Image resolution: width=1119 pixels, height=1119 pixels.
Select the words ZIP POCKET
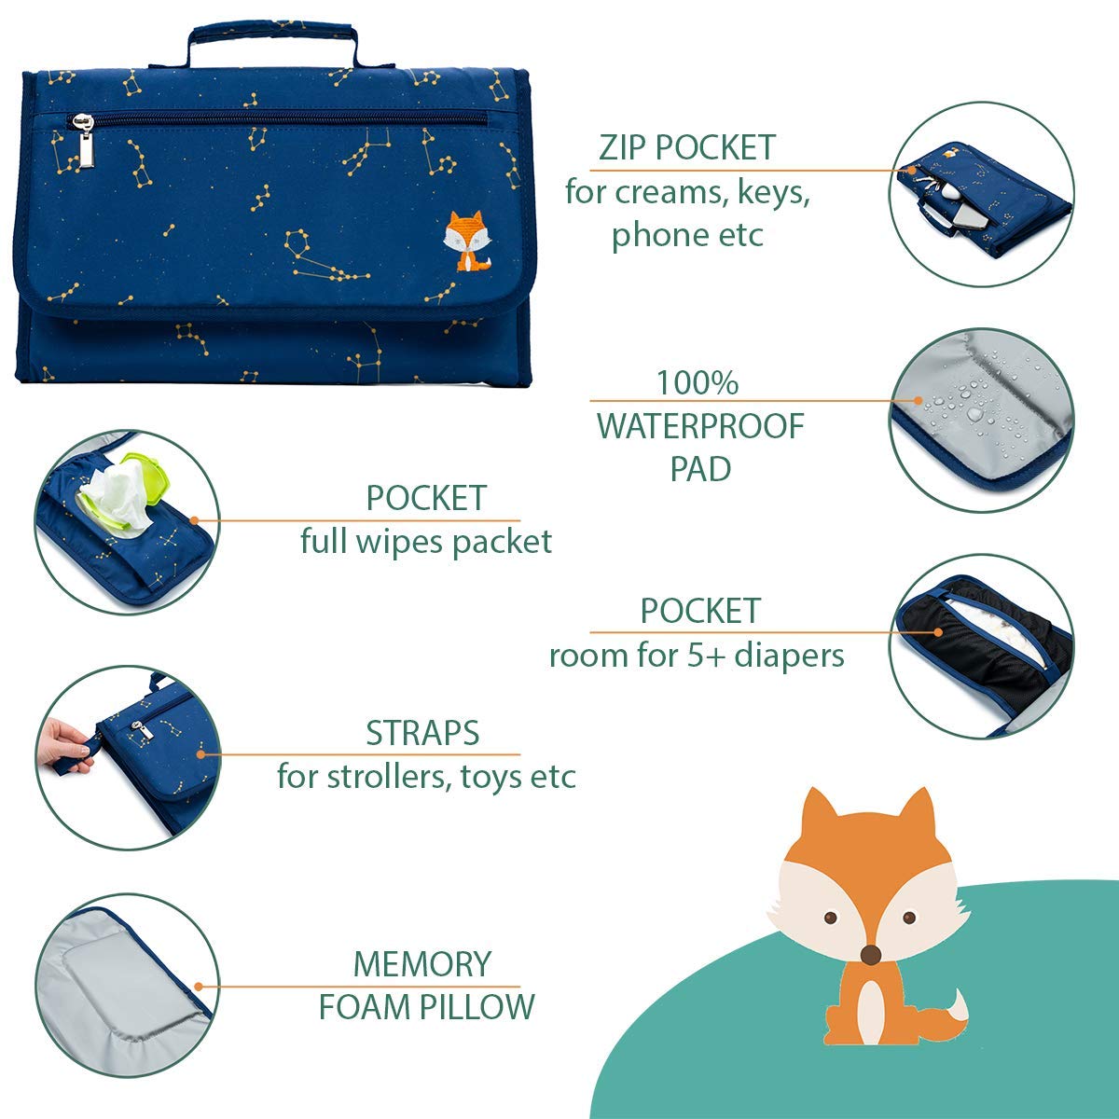click(x=687, y=147)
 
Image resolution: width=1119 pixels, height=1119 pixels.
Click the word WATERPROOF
click(x=700, y=426)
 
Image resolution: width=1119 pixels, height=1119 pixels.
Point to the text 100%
click(x=698, y=382)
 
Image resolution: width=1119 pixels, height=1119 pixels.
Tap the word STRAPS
click(x=422, y=733)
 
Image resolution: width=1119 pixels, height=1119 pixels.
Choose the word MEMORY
click(x=422, y=963)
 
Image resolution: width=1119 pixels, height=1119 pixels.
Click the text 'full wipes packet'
click(x=426, y=541)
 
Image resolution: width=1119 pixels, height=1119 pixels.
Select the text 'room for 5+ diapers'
click(x=697, y=656)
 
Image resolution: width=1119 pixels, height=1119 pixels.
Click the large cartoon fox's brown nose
click(x=870, y=953)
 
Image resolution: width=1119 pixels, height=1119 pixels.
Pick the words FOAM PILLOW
click(x=427, y=1007)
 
